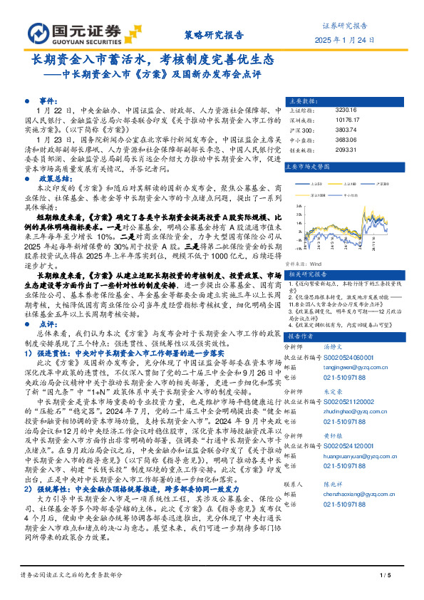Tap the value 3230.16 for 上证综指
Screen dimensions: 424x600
[x=345, y=110]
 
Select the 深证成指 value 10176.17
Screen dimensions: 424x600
[x=346, y=120]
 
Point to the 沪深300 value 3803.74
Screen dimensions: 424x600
[x=345, y=130]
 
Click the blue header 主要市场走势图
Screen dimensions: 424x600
[x=307, y=166]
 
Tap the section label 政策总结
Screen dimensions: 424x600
[x=53, y=160]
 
